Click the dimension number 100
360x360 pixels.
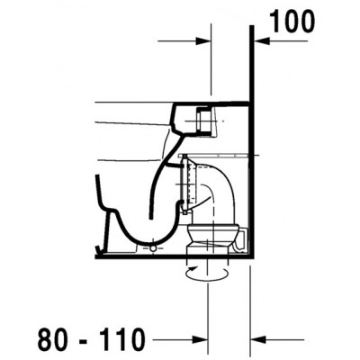(x=292, y=22)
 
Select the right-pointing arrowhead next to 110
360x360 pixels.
(x=201, y=340)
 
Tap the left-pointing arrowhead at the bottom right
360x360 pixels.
(x=258, y=340)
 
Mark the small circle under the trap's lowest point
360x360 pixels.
(x=153, y=248)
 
